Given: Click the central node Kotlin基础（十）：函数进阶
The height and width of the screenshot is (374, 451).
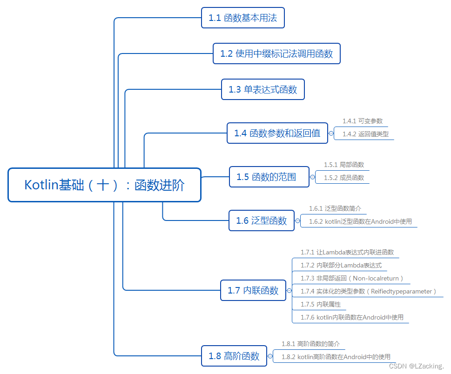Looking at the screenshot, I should click(104, 185).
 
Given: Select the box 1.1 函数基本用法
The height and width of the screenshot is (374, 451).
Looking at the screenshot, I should click(242, 18).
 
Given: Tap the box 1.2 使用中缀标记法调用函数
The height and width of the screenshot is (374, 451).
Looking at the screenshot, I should click(276, 53).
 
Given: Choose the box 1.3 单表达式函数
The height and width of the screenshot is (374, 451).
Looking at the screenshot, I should click(263, 89).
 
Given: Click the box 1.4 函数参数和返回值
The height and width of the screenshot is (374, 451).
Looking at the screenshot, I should click(277, 133).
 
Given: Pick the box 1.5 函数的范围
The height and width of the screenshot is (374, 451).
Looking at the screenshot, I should click(269, 177).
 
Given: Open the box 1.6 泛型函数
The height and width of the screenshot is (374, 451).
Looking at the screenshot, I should click(262, 220).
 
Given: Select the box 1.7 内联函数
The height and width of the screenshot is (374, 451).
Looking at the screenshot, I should click(253, 290).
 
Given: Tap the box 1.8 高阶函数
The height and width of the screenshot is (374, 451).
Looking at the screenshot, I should click(234, 356).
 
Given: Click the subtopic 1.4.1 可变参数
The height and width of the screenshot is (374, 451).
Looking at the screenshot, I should click(363, 121).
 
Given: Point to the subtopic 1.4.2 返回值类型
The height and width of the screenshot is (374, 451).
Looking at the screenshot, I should click(365, 134).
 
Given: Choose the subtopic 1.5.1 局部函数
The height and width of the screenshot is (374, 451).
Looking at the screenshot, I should click(344, 165).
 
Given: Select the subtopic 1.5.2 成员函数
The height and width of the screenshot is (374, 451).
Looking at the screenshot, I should click(344, 178).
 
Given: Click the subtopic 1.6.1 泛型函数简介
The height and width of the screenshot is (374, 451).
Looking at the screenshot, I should click(335, 208).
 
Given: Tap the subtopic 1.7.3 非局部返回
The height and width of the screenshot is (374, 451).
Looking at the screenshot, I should click(351, 278).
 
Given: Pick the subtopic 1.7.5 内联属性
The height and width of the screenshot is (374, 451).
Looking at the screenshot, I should click(321, 304).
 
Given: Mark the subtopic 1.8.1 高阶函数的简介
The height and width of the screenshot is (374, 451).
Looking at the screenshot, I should click(310, 344).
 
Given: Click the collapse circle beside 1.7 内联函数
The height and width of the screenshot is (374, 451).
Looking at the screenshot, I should click(289, 291).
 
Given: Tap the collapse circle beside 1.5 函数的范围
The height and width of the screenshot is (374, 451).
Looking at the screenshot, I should click(312, 177).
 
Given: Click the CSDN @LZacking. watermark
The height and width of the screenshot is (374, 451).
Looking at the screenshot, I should click(416, 366).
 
